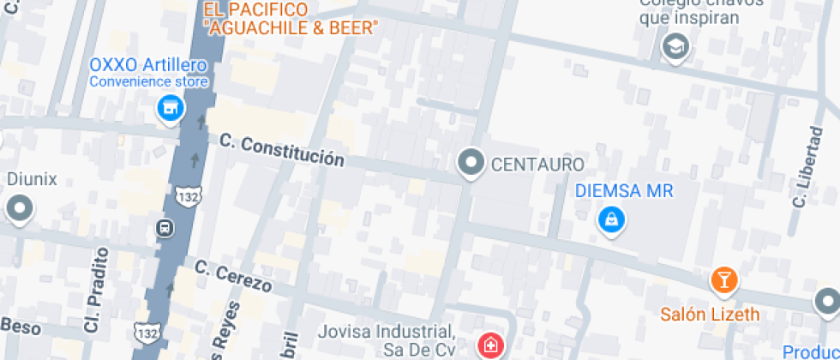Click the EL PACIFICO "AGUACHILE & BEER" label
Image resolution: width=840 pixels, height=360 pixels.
290,19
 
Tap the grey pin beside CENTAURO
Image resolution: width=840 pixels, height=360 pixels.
470,162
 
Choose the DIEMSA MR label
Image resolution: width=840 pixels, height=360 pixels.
625,190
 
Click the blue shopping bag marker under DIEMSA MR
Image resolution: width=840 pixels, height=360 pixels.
611,220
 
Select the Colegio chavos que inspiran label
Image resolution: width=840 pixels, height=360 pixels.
689,11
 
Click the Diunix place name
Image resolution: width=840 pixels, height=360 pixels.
32,179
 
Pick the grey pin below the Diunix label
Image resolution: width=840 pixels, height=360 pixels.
19,208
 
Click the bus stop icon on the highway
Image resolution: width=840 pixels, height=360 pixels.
164,229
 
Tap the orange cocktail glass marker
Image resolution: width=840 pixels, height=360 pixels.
723,279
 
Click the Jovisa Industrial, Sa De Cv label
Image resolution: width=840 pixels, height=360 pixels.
385,339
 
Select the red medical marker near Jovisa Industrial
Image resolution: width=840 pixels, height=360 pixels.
489,345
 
